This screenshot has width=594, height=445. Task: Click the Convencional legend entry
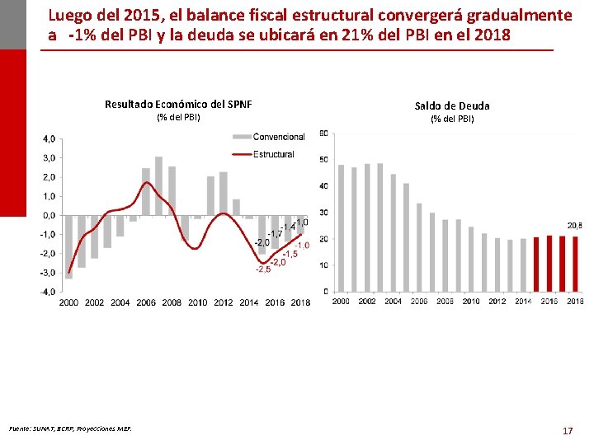[x=278, y=137]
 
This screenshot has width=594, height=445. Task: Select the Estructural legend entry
[x=274, y=154]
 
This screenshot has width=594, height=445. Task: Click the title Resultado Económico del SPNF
[x=178, y=104]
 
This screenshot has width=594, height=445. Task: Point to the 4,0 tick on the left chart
[x=49, y=138]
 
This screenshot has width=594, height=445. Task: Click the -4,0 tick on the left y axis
[x=47, y=292]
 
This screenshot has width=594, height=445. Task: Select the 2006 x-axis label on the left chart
[x=145, y=302]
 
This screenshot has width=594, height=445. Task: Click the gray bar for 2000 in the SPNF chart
[x=68, y=246]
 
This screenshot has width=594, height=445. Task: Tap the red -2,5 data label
[x=263, y=269]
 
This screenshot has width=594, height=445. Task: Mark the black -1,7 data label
[x=274, y=234]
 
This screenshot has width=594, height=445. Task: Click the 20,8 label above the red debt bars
[x=573, y=225]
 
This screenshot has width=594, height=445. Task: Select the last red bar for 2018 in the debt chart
[x=575, y=264]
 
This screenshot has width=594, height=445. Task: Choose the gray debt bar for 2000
[x=341, y=228]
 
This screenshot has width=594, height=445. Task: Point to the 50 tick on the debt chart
[x=323, y=160]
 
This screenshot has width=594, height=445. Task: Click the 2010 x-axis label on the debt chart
[x=470, y=302]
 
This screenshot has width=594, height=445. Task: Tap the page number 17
[x=567, y=430]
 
